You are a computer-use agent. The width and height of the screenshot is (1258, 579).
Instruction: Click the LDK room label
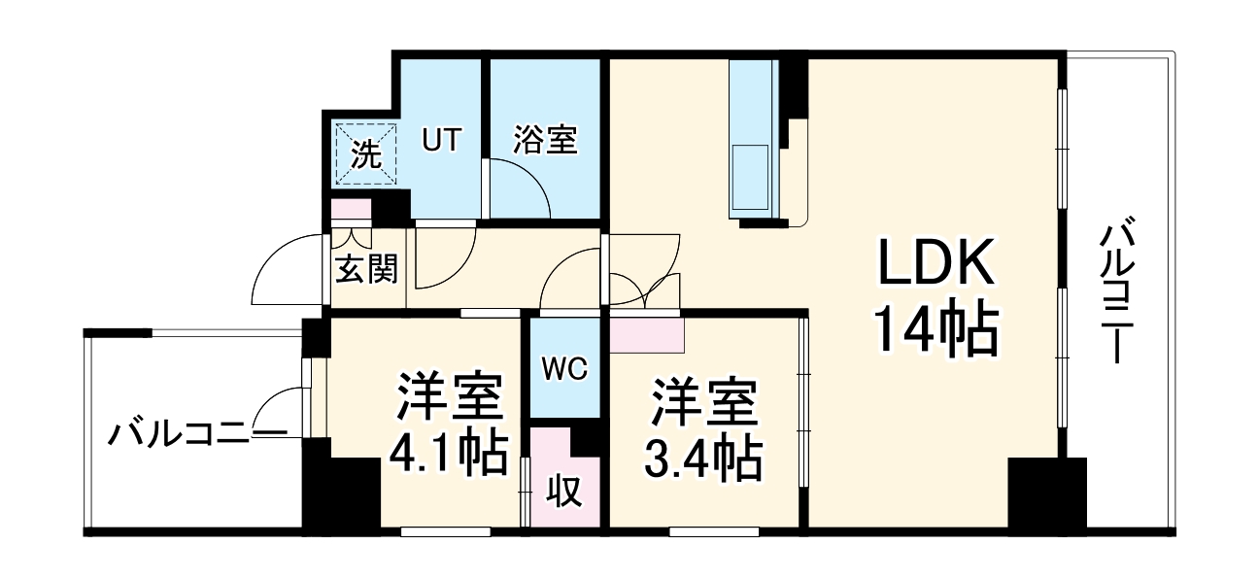(x=936, y=263)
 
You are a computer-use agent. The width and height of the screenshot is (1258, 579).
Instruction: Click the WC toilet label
(x=563, y=368)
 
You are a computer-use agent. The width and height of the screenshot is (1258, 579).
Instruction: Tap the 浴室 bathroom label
(x=545, y=141)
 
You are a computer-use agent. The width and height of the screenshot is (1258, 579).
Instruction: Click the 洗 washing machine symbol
(x=366, y=153)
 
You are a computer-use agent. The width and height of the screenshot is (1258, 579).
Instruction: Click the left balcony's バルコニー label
(x=194, y=433)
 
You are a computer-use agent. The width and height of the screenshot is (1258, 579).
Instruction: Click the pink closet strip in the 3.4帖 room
(x=647, y=333)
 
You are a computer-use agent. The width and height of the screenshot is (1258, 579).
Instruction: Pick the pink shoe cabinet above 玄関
(x=351, y=209)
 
